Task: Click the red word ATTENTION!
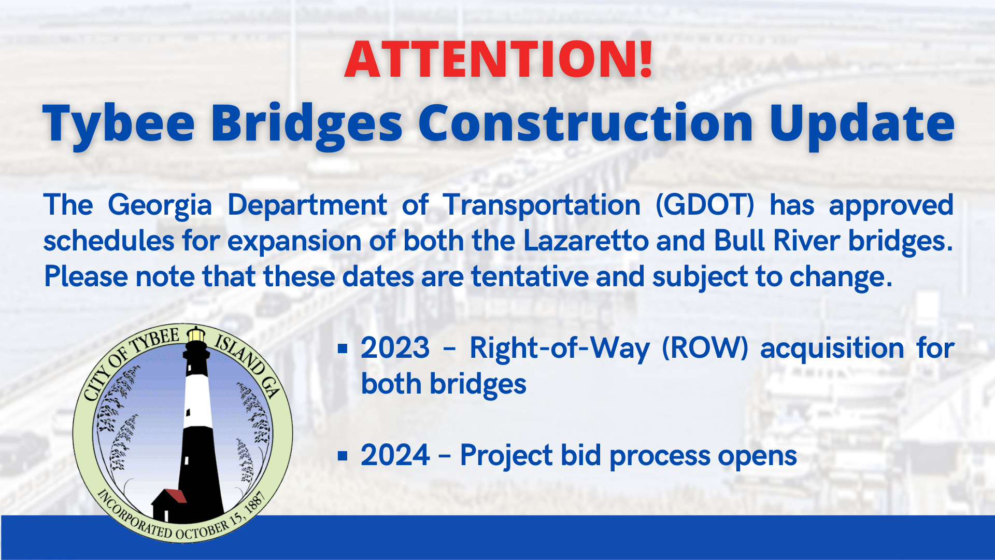[499, 59]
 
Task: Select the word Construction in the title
[586, 123]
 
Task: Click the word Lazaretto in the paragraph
[586, 241]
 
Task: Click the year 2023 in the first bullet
[395, 348]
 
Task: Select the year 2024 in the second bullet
[395, 455]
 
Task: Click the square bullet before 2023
[342, 348]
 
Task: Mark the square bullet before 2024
[342, 456]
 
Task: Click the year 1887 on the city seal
[255, 503]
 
